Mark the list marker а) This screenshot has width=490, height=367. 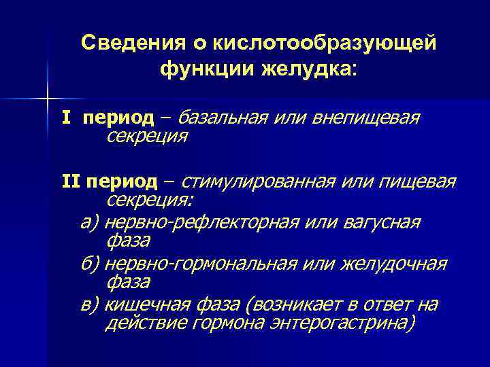click(x=89, y=222)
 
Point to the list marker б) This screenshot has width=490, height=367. click(x=89, y=263)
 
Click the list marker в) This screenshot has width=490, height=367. click(x=89, y=304)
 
